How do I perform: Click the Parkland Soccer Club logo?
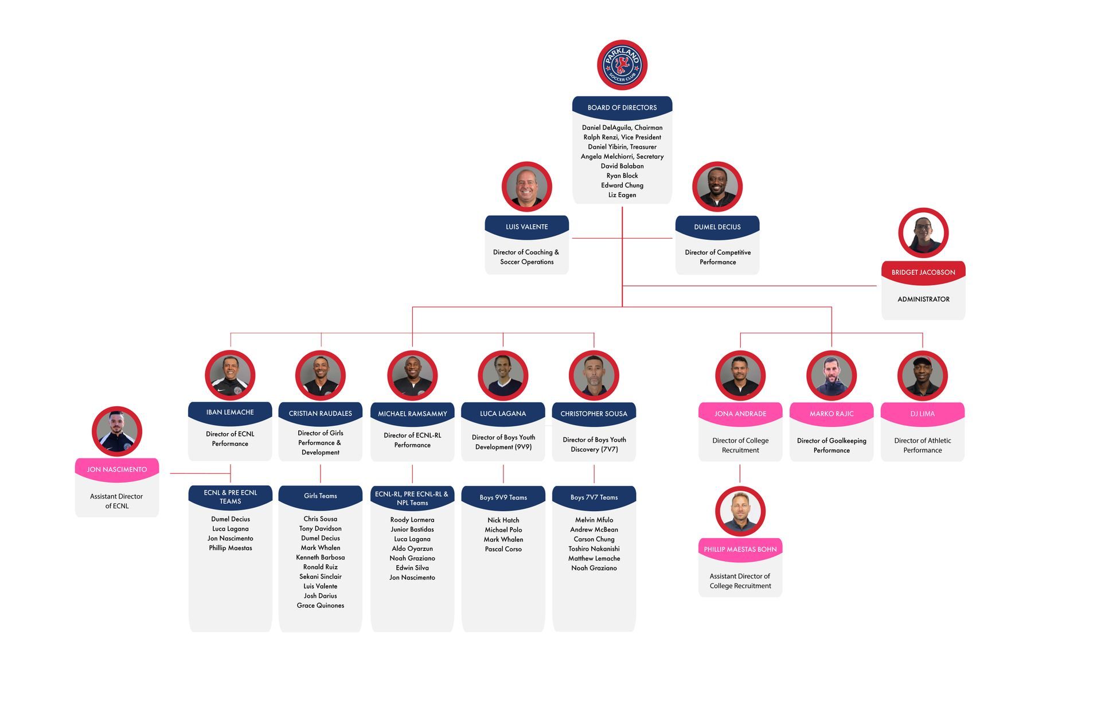pos(622,65)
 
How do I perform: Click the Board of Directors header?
pos(622,107)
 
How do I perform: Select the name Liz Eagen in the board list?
pos(622,195)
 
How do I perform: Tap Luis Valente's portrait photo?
pos(526,186)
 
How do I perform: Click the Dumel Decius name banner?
pos(717,227)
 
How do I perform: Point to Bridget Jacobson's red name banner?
pos(923,273)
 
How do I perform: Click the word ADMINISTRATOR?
pos(923,299)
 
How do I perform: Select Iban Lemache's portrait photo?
pos(230,375)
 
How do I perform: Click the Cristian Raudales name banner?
pos(321,413)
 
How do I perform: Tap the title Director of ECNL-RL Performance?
pos(412,440)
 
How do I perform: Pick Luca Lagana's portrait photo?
pos(503,375)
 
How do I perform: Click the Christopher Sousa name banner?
pos(594,414)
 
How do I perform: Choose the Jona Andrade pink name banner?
pos(740,414)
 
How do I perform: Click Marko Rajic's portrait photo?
pos(831,375)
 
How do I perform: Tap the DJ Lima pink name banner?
pos(923,414)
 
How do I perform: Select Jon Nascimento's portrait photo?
pos(117,431)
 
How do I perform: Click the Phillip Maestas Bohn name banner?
pos(740,549)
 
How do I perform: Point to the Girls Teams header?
pos(321,496)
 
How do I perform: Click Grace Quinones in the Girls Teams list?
pos(321,605)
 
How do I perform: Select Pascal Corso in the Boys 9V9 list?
pos(503,549)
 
